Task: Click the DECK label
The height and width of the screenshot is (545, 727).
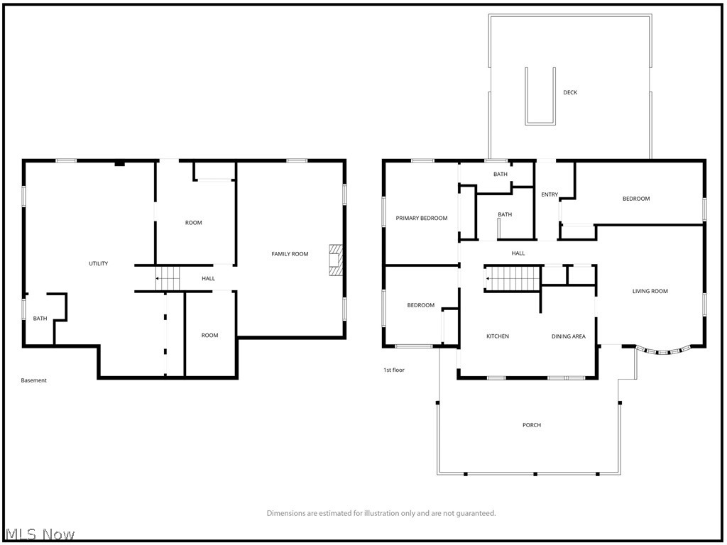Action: [570, 92]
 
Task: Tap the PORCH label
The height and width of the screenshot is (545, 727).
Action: [532, 425]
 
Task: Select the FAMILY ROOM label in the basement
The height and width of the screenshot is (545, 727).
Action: [290, 254]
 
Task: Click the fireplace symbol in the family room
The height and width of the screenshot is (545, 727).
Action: [336, 260]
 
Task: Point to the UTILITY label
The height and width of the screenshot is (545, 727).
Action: [98, 264]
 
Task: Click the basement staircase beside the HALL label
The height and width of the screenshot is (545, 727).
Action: [168, 278]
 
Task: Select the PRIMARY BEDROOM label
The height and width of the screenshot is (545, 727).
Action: [422, 219]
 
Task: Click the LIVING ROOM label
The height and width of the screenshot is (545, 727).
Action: [650, 291]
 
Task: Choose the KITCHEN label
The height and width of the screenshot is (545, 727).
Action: [497, 336]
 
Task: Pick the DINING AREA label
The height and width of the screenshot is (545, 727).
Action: [569, 336]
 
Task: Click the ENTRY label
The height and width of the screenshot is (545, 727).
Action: [550, 195]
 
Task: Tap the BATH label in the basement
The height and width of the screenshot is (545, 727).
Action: [40, 319]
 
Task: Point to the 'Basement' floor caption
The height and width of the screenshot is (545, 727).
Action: [33, 380]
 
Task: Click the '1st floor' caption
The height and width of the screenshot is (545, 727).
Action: [394, 370]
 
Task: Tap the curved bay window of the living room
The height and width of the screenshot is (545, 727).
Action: [663, 350]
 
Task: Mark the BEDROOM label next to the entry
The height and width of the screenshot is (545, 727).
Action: [636, 199]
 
